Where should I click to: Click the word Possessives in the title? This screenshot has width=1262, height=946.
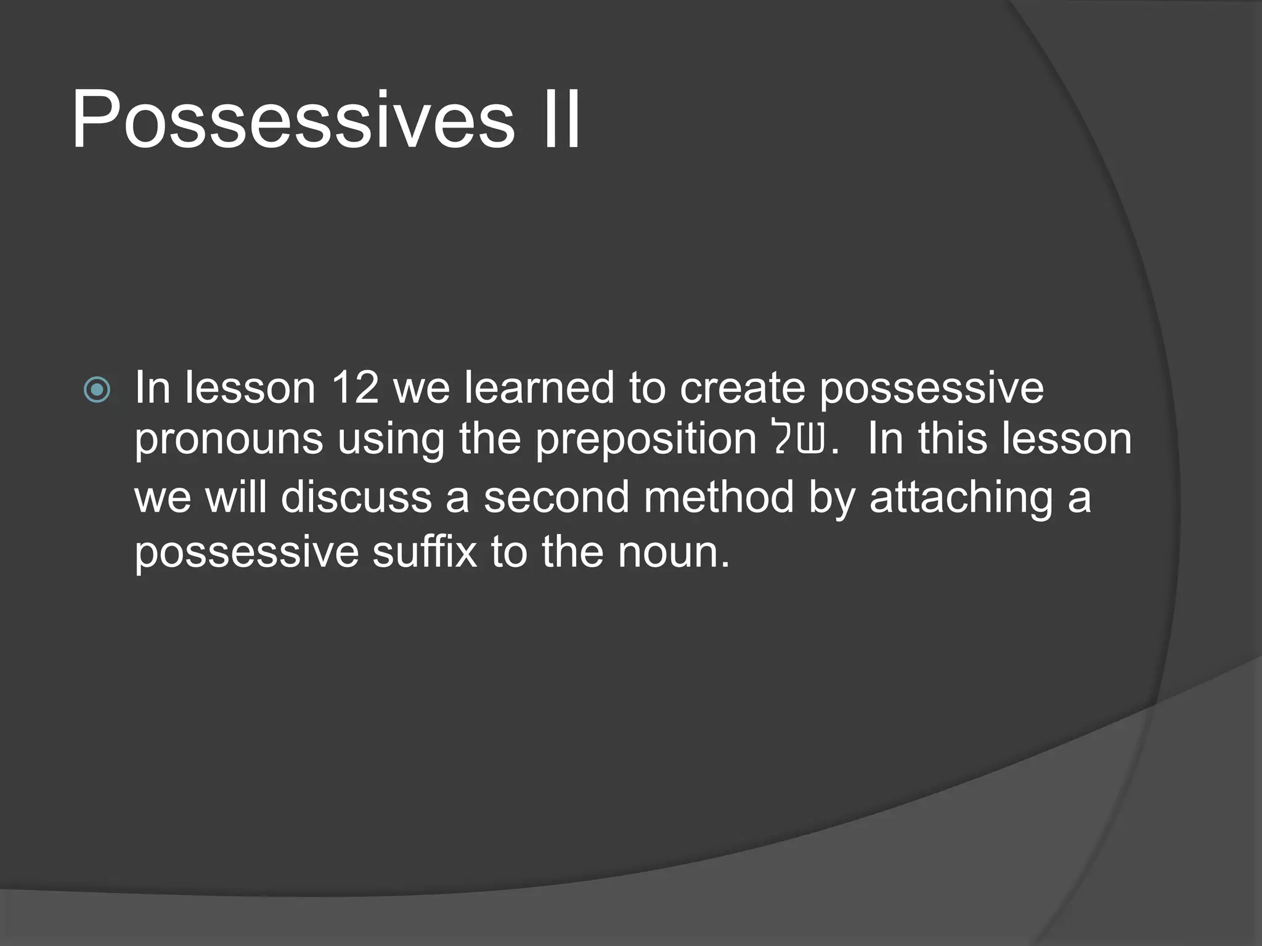point(293,120)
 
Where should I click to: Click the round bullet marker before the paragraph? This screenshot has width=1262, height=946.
point(97,390)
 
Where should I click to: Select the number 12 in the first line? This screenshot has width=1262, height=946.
point(354,387)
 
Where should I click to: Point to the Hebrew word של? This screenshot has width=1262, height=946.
point(799,439)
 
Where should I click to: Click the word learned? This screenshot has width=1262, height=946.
point(539,387)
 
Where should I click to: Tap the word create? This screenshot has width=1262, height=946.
point(742,389)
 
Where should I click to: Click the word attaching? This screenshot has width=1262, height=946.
point(961,498)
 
